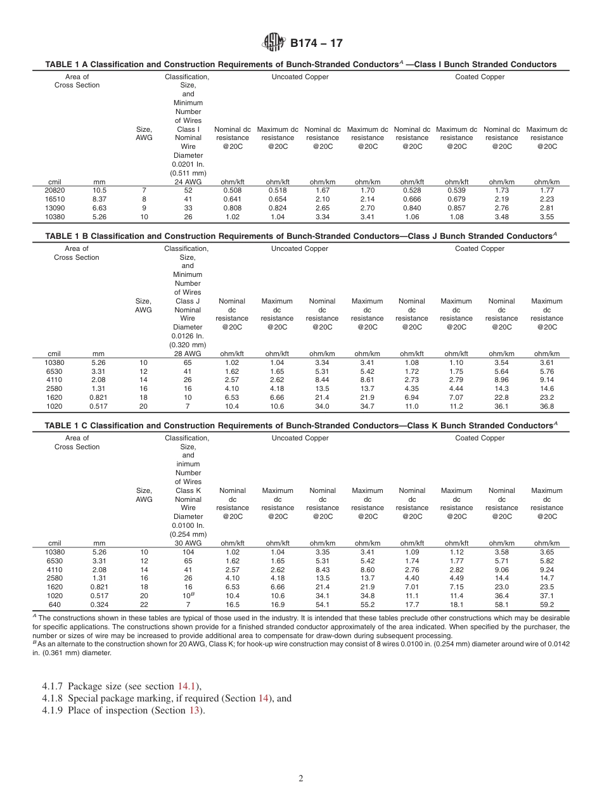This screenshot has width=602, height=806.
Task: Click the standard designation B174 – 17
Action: coord(317,44)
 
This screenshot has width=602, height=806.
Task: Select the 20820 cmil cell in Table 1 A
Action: coord(54,189)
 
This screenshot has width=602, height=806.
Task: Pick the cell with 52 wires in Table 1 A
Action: coord(188,189)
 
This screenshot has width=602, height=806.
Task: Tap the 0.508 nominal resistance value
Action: coord(232,189)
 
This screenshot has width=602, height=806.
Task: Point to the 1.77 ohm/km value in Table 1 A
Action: coord(546,189)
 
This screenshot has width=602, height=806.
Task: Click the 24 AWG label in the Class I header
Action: coord(188,182)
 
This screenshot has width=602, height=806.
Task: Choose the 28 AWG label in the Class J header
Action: coord(187,354)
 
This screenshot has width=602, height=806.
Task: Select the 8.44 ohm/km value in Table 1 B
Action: coord(322,380)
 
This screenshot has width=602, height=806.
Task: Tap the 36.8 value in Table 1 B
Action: coord(546,406)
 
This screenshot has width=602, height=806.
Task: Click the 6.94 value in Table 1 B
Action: coord(412,397)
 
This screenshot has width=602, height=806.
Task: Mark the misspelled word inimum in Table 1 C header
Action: coord(188,464)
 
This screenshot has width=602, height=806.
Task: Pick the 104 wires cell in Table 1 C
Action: coord(188,552)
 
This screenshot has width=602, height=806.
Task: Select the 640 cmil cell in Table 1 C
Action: coord(54,604)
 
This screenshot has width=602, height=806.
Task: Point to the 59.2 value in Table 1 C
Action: coord(546,604)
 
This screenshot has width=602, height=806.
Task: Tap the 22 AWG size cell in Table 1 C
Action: coord(144,604)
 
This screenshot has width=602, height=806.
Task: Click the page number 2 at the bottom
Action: coord(300,779)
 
